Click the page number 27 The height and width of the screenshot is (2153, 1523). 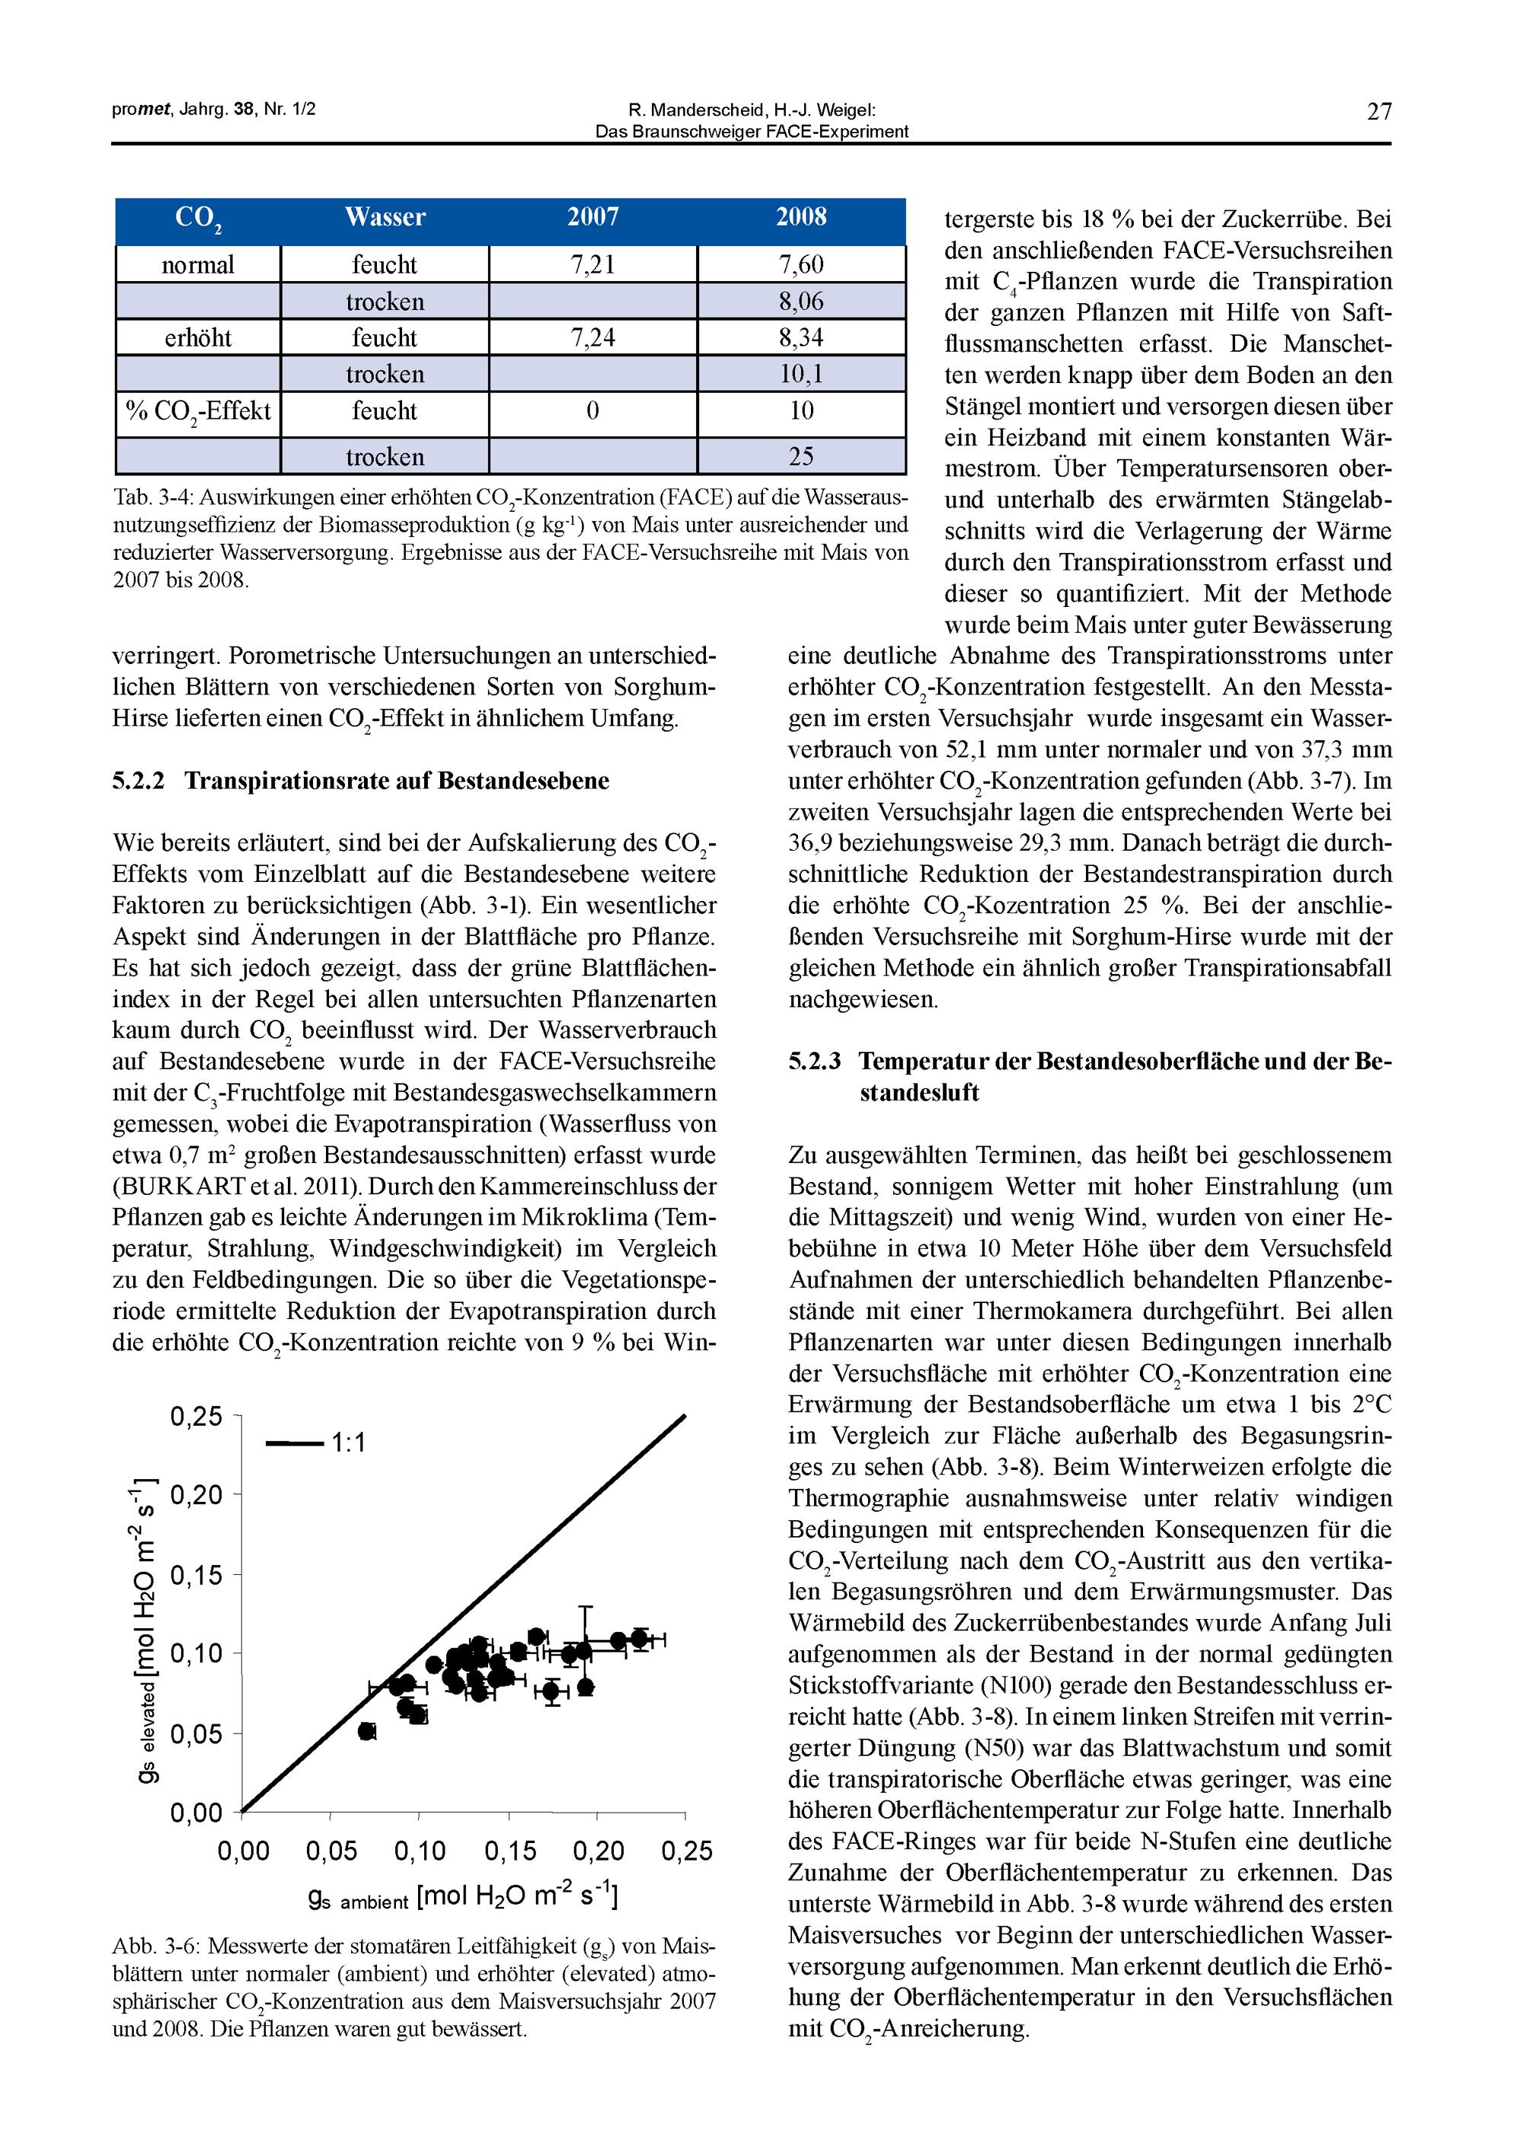pos(1378,113)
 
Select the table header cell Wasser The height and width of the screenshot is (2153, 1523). pos(385,218)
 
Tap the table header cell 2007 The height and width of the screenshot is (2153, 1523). pos(592,218)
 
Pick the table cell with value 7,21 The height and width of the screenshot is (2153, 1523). pos(592,264)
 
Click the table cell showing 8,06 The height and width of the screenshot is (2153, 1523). pos(801,301)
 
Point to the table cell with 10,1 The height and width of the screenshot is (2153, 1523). pos(801,374)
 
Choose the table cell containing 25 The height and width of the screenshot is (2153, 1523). pos(801,457)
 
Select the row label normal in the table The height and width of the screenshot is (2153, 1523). pos(198,264)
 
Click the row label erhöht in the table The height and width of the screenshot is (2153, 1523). pos(198,337)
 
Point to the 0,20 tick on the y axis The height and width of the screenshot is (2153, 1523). pos(197,1495)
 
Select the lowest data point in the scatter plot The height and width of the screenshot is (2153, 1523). pos(367,1730)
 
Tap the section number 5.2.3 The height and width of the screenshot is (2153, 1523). pos(815,1062)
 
